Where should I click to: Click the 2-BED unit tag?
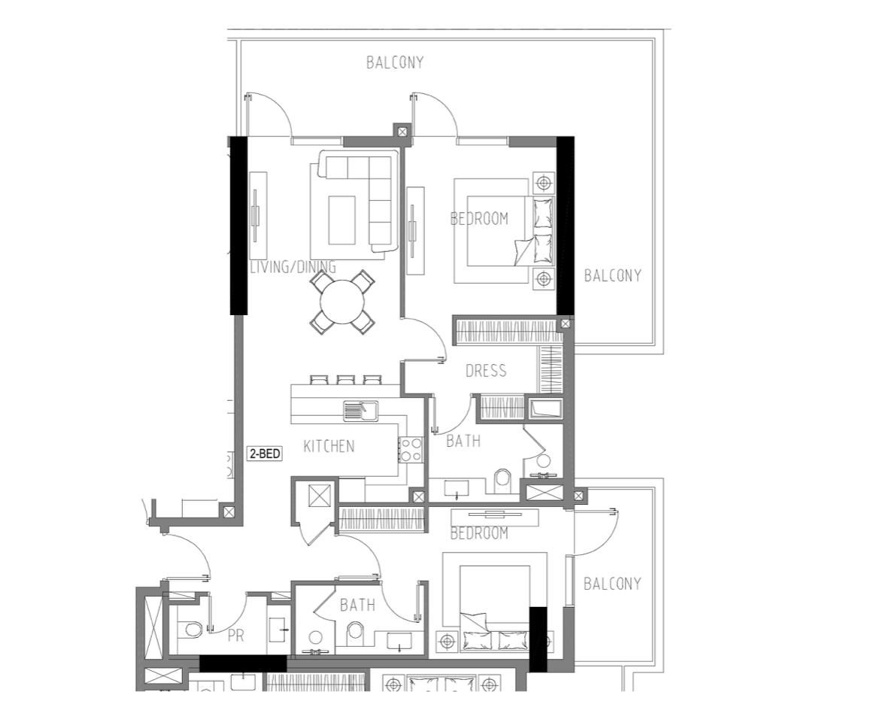(x=265, y=454)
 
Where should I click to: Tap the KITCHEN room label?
(x=329, y=447)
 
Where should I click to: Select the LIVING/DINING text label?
(x=293, y=267)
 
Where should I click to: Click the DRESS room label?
(x=486, y=371)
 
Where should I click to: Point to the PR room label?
(x=236, y=636)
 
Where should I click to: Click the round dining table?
(x=341, y=302)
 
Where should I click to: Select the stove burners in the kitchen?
(x=411, y=449)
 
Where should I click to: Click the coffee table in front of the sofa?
(x=341, y=220)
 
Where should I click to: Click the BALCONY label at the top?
(x=395, y=62)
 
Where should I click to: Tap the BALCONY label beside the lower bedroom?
(x=612, y=584)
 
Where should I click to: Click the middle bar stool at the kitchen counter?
(x=344, y=380)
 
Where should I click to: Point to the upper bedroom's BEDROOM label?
(x=479, y=218)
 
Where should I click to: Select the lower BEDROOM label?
(x=479, y=533)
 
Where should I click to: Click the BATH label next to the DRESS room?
(x=463, y=441)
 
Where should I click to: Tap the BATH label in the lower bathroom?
(x=357, y=605)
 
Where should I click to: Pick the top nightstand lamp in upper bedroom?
(x=544, y=183)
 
